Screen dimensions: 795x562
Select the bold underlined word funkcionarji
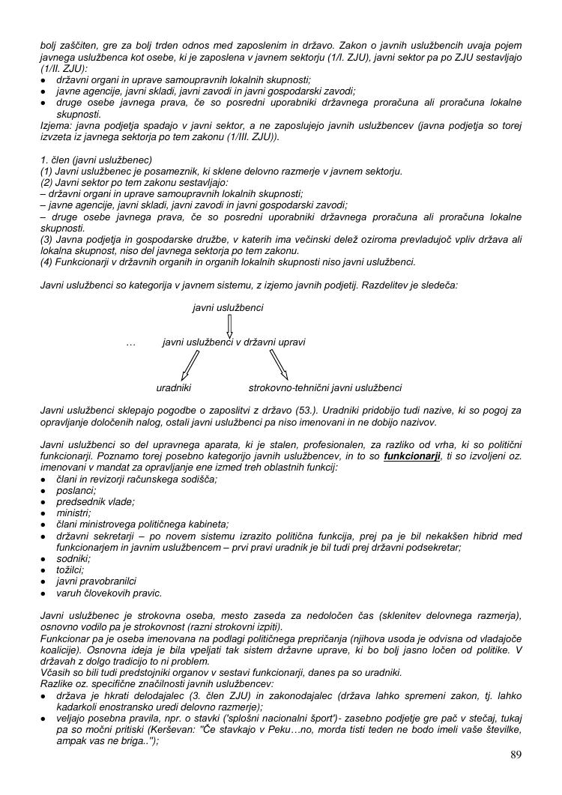411,456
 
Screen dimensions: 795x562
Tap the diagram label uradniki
174,388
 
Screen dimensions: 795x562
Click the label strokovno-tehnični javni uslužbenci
325,388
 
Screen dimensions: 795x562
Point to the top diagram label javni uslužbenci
228,307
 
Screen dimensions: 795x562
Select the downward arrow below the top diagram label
229,325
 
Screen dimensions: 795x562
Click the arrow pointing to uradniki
190,365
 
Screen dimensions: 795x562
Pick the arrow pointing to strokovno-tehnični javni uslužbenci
279,365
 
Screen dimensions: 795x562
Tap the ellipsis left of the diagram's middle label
131,342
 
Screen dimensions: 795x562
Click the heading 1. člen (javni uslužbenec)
97,160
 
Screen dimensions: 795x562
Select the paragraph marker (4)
46,262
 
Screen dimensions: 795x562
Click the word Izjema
55,126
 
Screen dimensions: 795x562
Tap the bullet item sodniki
73,558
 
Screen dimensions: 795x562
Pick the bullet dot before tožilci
44,570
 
